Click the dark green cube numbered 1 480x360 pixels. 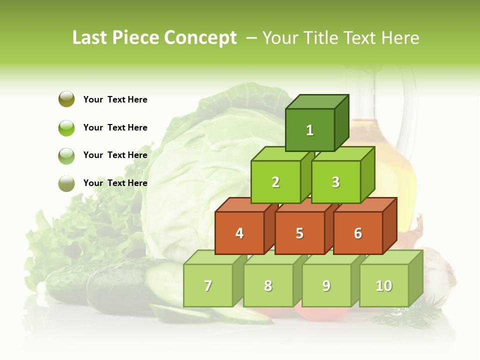(x=310, y=130)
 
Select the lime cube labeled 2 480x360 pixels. (x=275, y=182)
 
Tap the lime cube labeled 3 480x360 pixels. (x=335, y=182)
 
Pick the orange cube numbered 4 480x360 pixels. (x=239, y=233)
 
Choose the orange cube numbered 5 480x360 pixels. (x=299, y=233)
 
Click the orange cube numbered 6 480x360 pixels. (x=358, y=233)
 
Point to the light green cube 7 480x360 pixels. (x=208, y=285)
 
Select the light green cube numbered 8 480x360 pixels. (x=268, y=285)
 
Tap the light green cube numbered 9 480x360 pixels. (x=326, y=285)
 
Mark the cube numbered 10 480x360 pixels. (x=384, y=285)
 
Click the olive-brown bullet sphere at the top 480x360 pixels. (x=66, y=99)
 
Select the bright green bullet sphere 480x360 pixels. (x=66, y=127)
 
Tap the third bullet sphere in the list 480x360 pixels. (x=66, y=155)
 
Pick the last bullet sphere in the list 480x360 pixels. (x=66, y=183)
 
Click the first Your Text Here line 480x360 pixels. (x=115, y=99)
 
